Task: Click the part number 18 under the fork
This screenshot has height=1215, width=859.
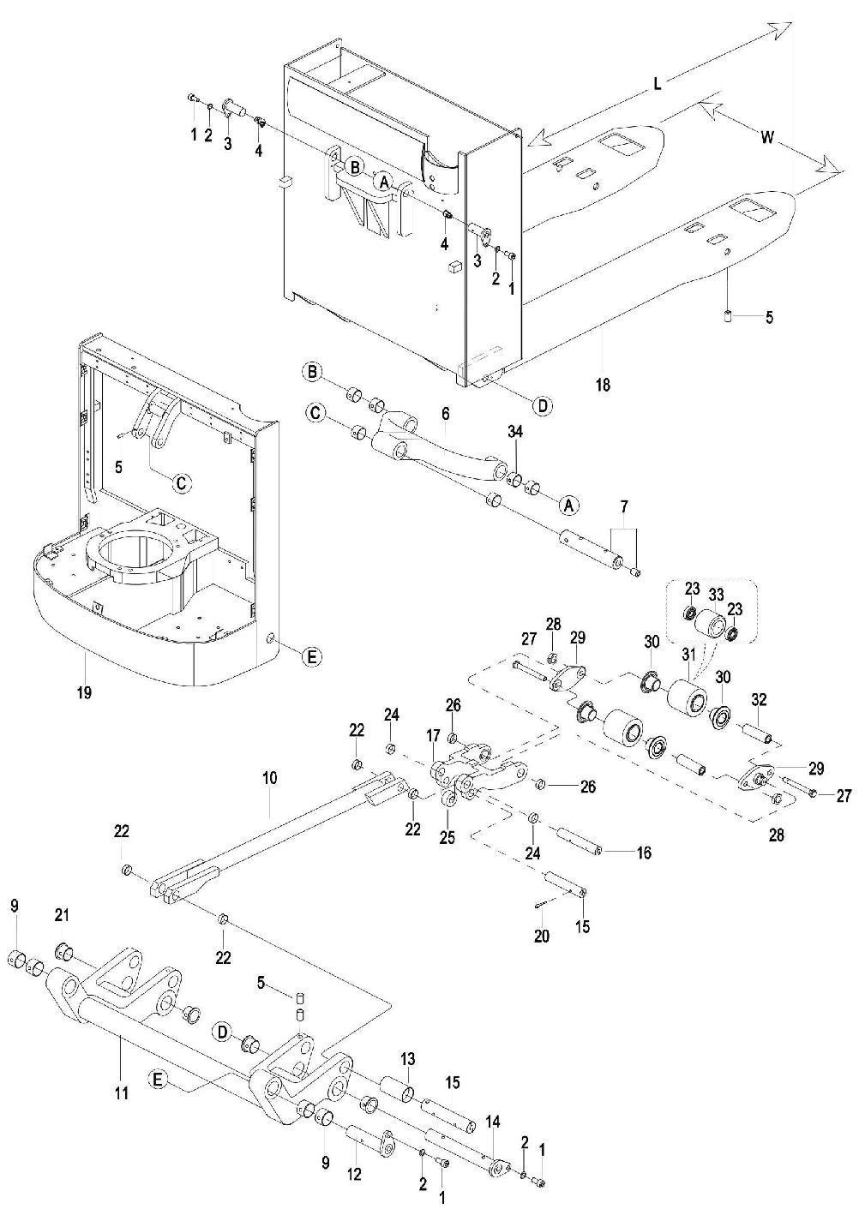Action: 603,385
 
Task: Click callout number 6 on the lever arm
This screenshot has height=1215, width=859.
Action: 445,413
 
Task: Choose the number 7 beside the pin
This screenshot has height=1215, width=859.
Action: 624,510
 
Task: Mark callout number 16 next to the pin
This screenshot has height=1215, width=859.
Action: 643,853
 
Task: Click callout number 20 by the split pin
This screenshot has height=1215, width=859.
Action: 541,936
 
